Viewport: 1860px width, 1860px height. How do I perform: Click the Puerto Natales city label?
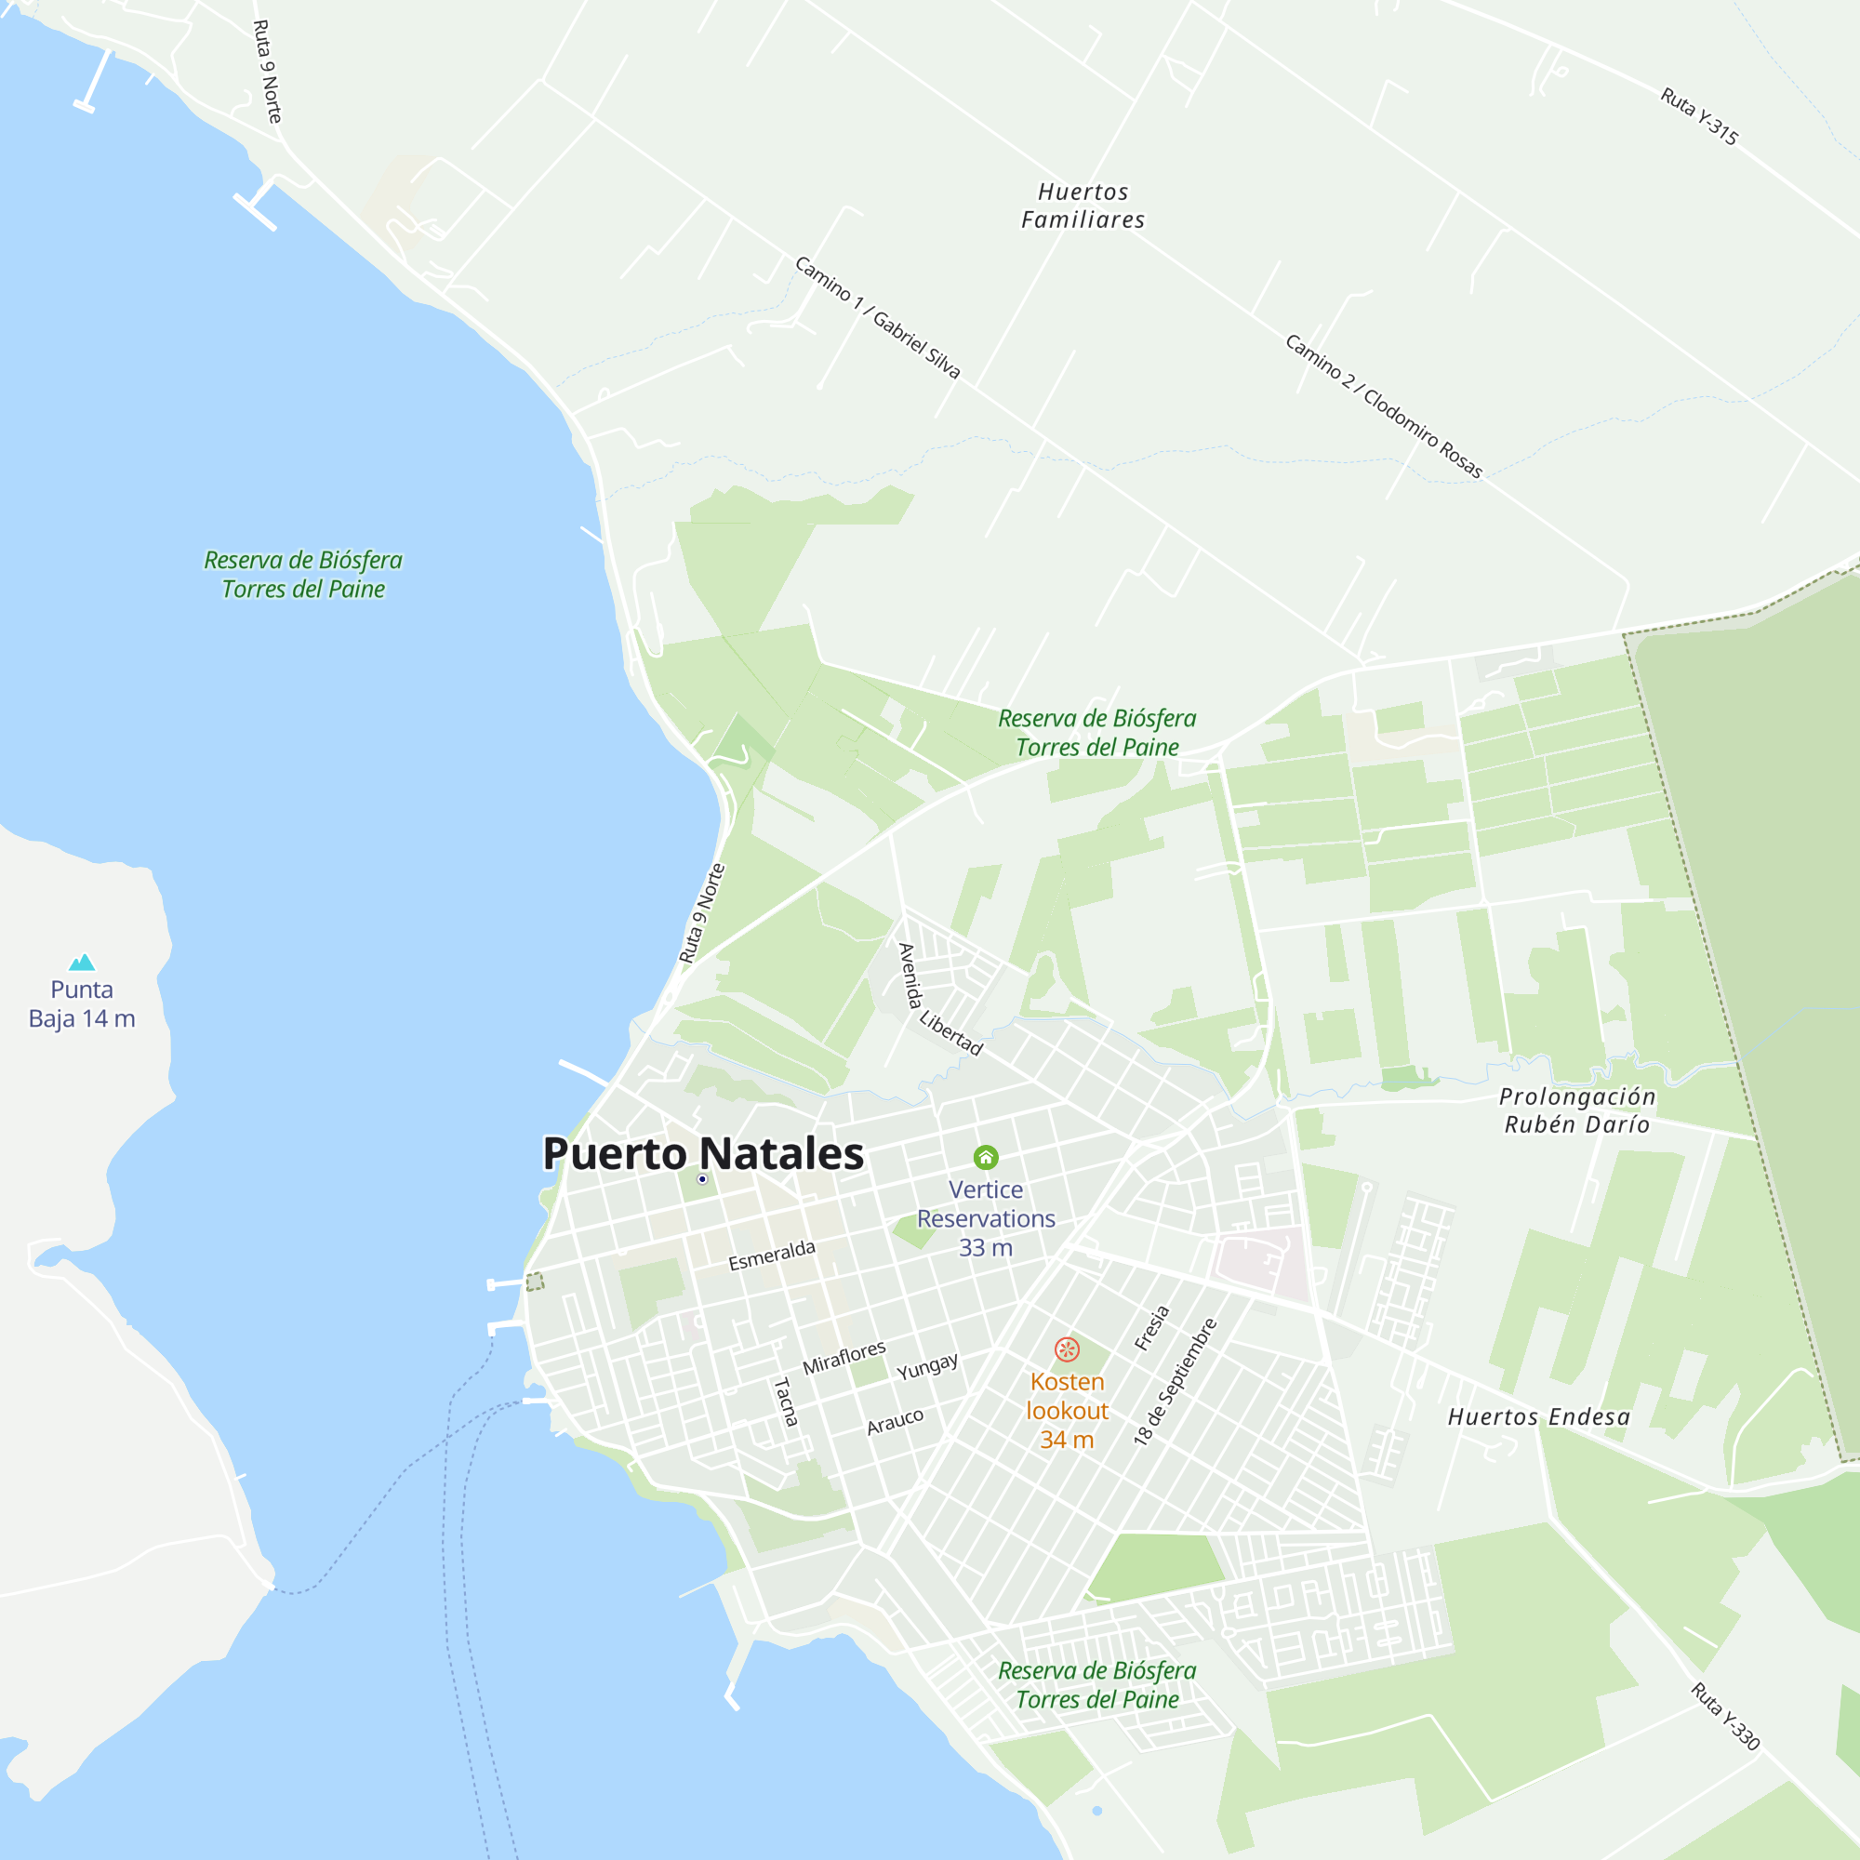[703, 1153]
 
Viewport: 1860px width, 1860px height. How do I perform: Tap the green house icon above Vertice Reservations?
[986, 1157]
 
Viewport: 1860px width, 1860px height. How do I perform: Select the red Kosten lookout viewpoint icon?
[1067, 1349]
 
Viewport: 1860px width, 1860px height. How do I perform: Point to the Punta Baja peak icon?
[82, 962]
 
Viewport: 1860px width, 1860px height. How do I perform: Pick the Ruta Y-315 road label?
[1699, 116]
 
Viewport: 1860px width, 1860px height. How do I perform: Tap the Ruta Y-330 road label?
[1725, 1717]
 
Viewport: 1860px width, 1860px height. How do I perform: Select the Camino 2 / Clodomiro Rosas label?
[1384, 406]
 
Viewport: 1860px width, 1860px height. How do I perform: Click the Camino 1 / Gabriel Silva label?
[877, 317]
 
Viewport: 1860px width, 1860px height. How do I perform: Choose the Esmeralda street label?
[771, 1255]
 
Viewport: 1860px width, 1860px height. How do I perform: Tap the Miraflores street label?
[844, 1358]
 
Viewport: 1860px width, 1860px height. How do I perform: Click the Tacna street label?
[786, 1402]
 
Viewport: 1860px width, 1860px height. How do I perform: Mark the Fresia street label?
[1151, 1328]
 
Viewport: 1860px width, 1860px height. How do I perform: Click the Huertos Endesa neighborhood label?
[1538, 1417]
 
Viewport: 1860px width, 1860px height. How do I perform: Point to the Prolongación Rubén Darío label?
[1577, 1110]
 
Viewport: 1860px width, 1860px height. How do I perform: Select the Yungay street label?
[927, 1365]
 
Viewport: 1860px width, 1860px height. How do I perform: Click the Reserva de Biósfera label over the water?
[303, 575]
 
